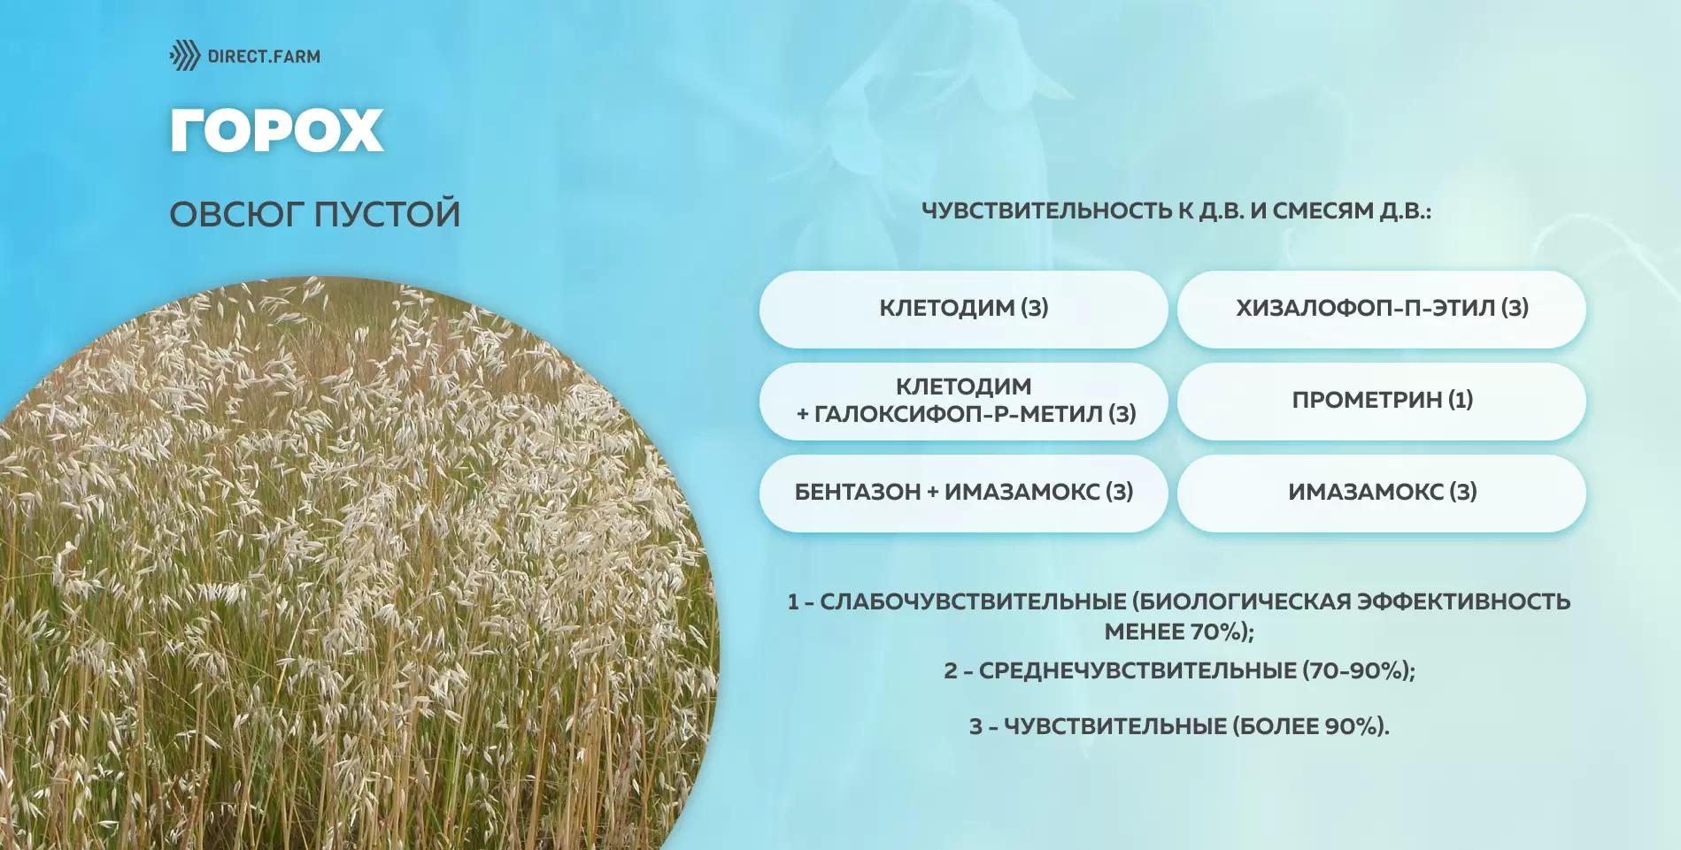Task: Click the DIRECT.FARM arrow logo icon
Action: [x=185, y=56]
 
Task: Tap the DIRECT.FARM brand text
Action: [x=264, y=57]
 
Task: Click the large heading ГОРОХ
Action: [x=276, y=131]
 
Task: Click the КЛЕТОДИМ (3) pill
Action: [x=963, y=309]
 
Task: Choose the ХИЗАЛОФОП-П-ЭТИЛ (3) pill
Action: [x=1381, y=309]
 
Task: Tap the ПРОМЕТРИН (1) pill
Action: [x=1381, y=401]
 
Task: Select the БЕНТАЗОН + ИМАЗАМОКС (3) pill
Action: [x=963, y=493]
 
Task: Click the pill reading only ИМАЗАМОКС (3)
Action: [x=1381, y=493]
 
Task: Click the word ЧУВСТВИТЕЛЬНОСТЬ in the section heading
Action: [x=1045, y=211]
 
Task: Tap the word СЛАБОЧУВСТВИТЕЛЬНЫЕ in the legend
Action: [x=973, y=602]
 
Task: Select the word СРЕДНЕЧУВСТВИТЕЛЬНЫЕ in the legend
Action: [x=1137, y=670]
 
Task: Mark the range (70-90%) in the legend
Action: [x=1358, y=670]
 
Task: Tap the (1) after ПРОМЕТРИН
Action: [x=1461, y=401]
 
